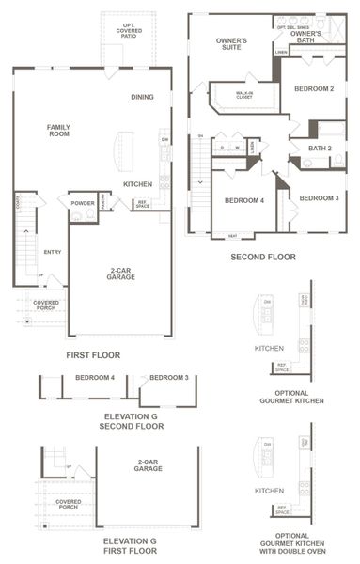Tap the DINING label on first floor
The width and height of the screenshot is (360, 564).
coord(143,97)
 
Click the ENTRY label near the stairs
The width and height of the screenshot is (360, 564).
coord(52,251)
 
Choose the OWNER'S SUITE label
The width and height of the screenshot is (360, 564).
coord(232,44)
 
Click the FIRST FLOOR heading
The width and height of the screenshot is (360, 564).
coord(93,355)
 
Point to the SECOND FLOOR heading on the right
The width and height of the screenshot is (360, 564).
coord(263,256)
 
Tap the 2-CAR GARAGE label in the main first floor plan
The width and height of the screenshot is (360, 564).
coord(119,274)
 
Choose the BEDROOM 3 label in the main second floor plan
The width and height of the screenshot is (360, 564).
coord(319,198)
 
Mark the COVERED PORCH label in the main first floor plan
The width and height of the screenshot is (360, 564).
coord(46,305)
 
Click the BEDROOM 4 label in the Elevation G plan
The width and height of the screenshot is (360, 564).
coord(95,378)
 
